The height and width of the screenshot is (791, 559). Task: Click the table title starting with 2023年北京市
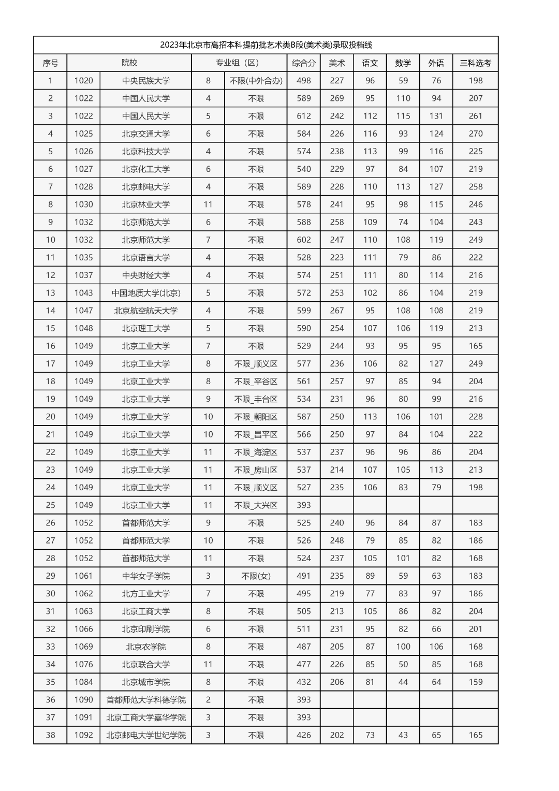pos(266,45)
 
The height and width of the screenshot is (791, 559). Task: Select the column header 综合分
pos(303,63)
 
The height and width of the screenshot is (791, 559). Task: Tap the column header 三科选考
pos(475,63)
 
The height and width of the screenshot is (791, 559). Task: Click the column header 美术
pos(336,63)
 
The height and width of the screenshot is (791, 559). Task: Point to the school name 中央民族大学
pos(145,81)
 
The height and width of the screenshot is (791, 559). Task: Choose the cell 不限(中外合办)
pos(256,81)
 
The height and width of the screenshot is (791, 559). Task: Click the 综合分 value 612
pos(303,116)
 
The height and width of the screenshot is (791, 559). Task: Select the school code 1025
pos(83,134)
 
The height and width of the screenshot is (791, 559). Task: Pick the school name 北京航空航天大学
pos(145,311)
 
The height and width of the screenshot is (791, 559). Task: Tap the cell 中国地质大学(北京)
pos(145,293)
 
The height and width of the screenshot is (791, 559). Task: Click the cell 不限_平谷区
pos(256,382)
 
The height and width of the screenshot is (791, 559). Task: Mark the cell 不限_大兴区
pos(256,505)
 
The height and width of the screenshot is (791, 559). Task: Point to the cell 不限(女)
pos(256,576)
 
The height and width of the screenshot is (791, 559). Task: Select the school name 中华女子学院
pos(145,576)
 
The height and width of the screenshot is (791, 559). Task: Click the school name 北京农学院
pos(145,647)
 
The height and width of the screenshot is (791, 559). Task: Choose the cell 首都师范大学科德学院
pos(145,700)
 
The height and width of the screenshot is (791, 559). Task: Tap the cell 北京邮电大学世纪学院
pos(145,735)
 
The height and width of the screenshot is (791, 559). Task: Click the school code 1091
pos(83,717)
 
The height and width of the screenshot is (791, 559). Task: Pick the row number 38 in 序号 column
pos(50,735)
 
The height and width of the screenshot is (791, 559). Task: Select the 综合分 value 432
pos(303,682)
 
